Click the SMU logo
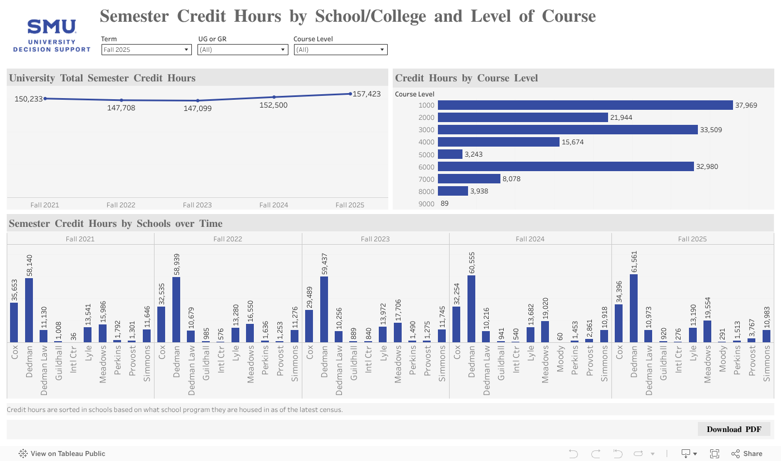tap(52, 36)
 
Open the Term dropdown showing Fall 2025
tap(147, 50)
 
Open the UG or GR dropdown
tap(243, 50)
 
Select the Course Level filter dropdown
tap(340, 50)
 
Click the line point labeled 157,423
tap(350, 94)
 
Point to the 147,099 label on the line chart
tap(197, 109)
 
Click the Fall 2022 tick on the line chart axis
tap(121, 205)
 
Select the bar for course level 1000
tap(585, 105)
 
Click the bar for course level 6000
tap(566, 167)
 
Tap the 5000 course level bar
tap(450, 154)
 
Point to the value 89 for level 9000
tap(444, 203)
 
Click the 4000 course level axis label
tap(426, 142)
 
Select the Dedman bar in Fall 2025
tap(633, 308)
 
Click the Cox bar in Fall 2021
tap(14, 322)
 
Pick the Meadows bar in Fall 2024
tap(545, 332)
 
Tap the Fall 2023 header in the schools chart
tap(375, 239)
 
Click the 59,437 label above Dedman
tap(325, 265)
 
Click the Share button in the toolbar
tap(747, 454)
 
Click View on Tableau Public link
tap(62, 454)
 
